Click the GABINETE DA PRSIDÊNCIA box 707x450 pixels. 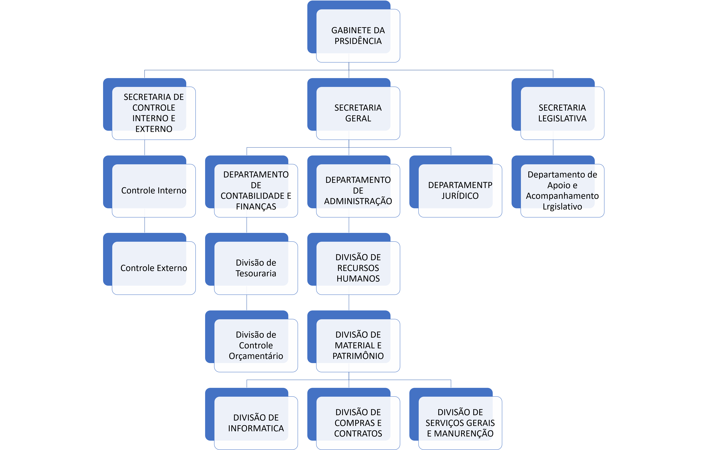358,35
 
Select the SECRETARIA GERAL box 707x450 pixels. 358,113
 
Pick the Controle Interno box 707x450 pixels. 154,190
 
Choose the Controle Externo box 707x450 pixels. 154,268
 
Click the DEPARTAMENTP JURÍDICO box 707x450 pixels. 460,190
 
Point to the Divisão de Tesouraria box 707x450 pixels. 256,268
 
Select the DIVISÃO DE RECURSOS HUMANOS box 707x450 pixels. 358,268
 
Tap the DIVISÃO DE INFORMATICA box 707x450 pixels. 256,423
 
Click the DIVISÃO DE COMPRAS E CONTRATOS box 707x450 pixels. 358,423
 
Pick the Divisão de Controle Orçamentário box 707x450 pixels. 256,345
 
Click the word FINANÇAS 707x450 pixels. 256,207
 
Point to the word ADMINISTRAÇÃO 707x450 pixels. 358,201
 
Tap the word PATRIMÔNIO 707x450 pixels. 358,356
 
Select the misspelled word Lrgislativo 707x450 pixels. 562,207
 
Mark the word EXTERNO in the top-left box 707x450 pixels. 154,129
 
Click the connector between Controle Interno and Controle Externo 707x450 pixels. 145,225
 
